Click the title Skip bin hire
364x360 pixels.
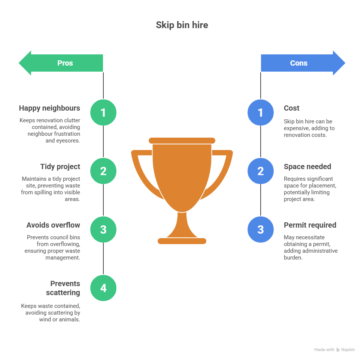click(x=182, y=25)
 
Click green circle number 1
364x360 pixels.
click(x=103, y=112)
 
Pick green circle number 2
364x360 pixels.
click(x=103, y=171)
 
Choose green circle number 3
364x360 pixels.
click(x=103, y=229)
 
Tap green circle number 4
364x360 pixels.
click(x=103, y=288)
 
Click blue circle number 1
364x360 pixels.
click(x=261, y=112)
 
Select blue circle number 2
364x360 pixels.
click(x=261, y=171)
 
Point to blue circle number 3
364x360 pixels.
click(x=261, y=229)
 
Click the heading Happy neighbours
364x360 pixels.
click(x=49, y=108)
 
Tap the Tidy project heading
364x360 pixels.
click(x=60, y=167)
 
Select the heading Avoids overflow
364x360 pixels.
click(x=53, y=225)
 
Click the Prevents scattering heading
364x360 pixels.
click(x=63, y=288)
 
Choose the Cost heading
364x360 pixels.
click(x=291, y=108)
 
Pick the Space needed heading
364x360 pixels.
click(x=307, y=167)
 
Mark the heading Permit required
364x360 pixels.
click(x=310, y=225)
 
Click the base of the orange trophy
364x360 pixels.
click(x=182, y=241)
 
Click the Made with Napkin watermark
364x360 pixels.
click(x=334, y=349)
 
